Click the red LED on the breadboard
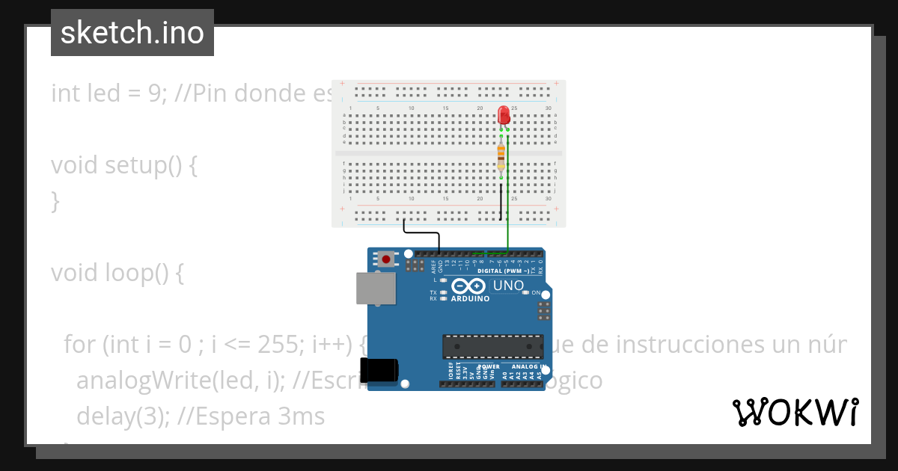pos(504,114)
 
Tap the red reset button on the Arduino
pos(386,259)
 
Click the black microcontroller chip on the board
pos(492,347)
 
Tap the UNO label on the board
pos(508,286)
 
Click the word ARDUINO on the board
pos(470,298)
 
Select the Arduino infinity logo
pos(469,286)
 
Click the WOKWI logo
pos(795,412)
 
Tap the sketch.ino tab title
pos(132,33)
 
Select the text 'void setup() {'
pos(124,165)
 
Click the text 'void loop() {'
pos(117,273)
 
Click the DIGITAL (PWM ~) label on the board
pos(503,271)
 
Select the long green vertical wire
pos(508,194)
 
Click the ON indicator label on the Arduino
pos(536,292)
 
